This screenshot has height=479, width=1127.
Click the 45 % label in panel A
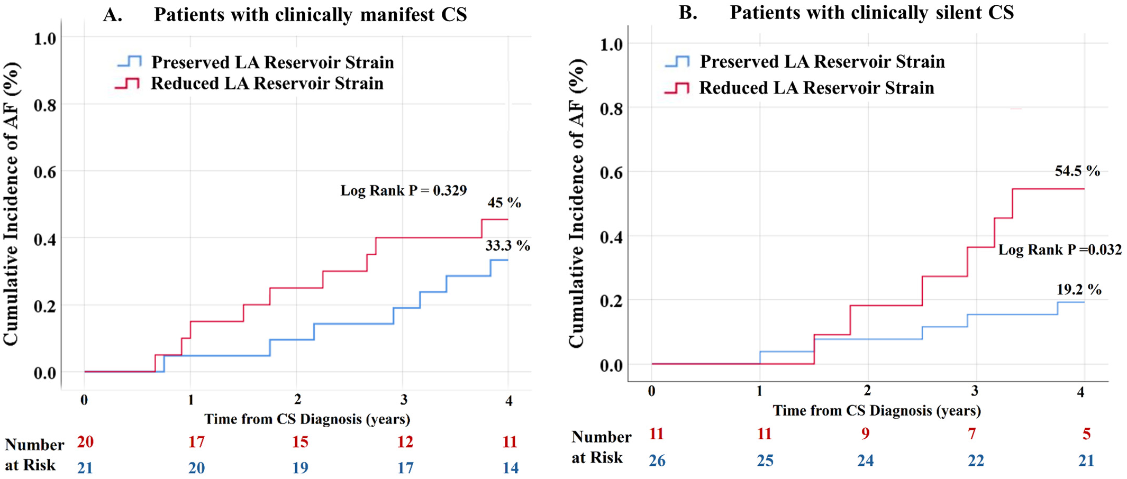click(504, 203)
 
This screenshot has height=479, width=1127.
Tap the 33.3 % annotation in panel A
click(507, 246)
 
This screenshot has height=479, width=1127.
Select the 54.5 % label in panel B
click(1077, 171)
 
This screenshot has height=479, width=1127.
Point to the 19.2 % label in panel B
click(1079, 290)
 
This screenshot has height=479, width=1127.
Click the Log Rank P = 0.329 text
click(403, 190)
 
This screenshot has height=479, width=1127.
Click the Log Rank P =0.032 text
click(1060, 250)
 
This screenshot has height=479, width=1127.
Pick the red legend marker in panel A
click(128, 84)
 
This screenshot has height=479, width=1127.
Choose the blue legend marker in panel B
click(677, 62)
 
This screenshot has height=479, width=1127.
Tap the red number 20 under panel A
click(85, 441)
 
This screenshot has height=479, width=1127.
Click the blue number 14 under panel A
click(510, 468)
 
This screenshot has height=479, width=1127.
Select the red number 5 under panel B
click(1086, 434)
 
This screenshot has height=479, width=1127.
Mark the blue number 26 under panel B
click(657, 460)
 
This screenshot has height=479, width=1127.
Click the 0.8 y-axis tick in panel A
click(44, 105)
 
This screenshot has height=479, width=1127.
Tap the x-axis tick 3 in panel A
click(403, 400)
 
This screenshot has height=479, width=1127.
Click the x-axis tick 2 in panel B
click(867, 391)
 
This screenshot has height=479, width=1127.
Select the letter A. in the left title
click(112, 15)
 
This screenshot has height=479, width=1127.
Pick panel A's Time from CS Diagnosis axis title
click(307, 419)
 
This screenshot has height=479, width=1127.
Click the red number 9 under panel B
click(865, 434)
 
